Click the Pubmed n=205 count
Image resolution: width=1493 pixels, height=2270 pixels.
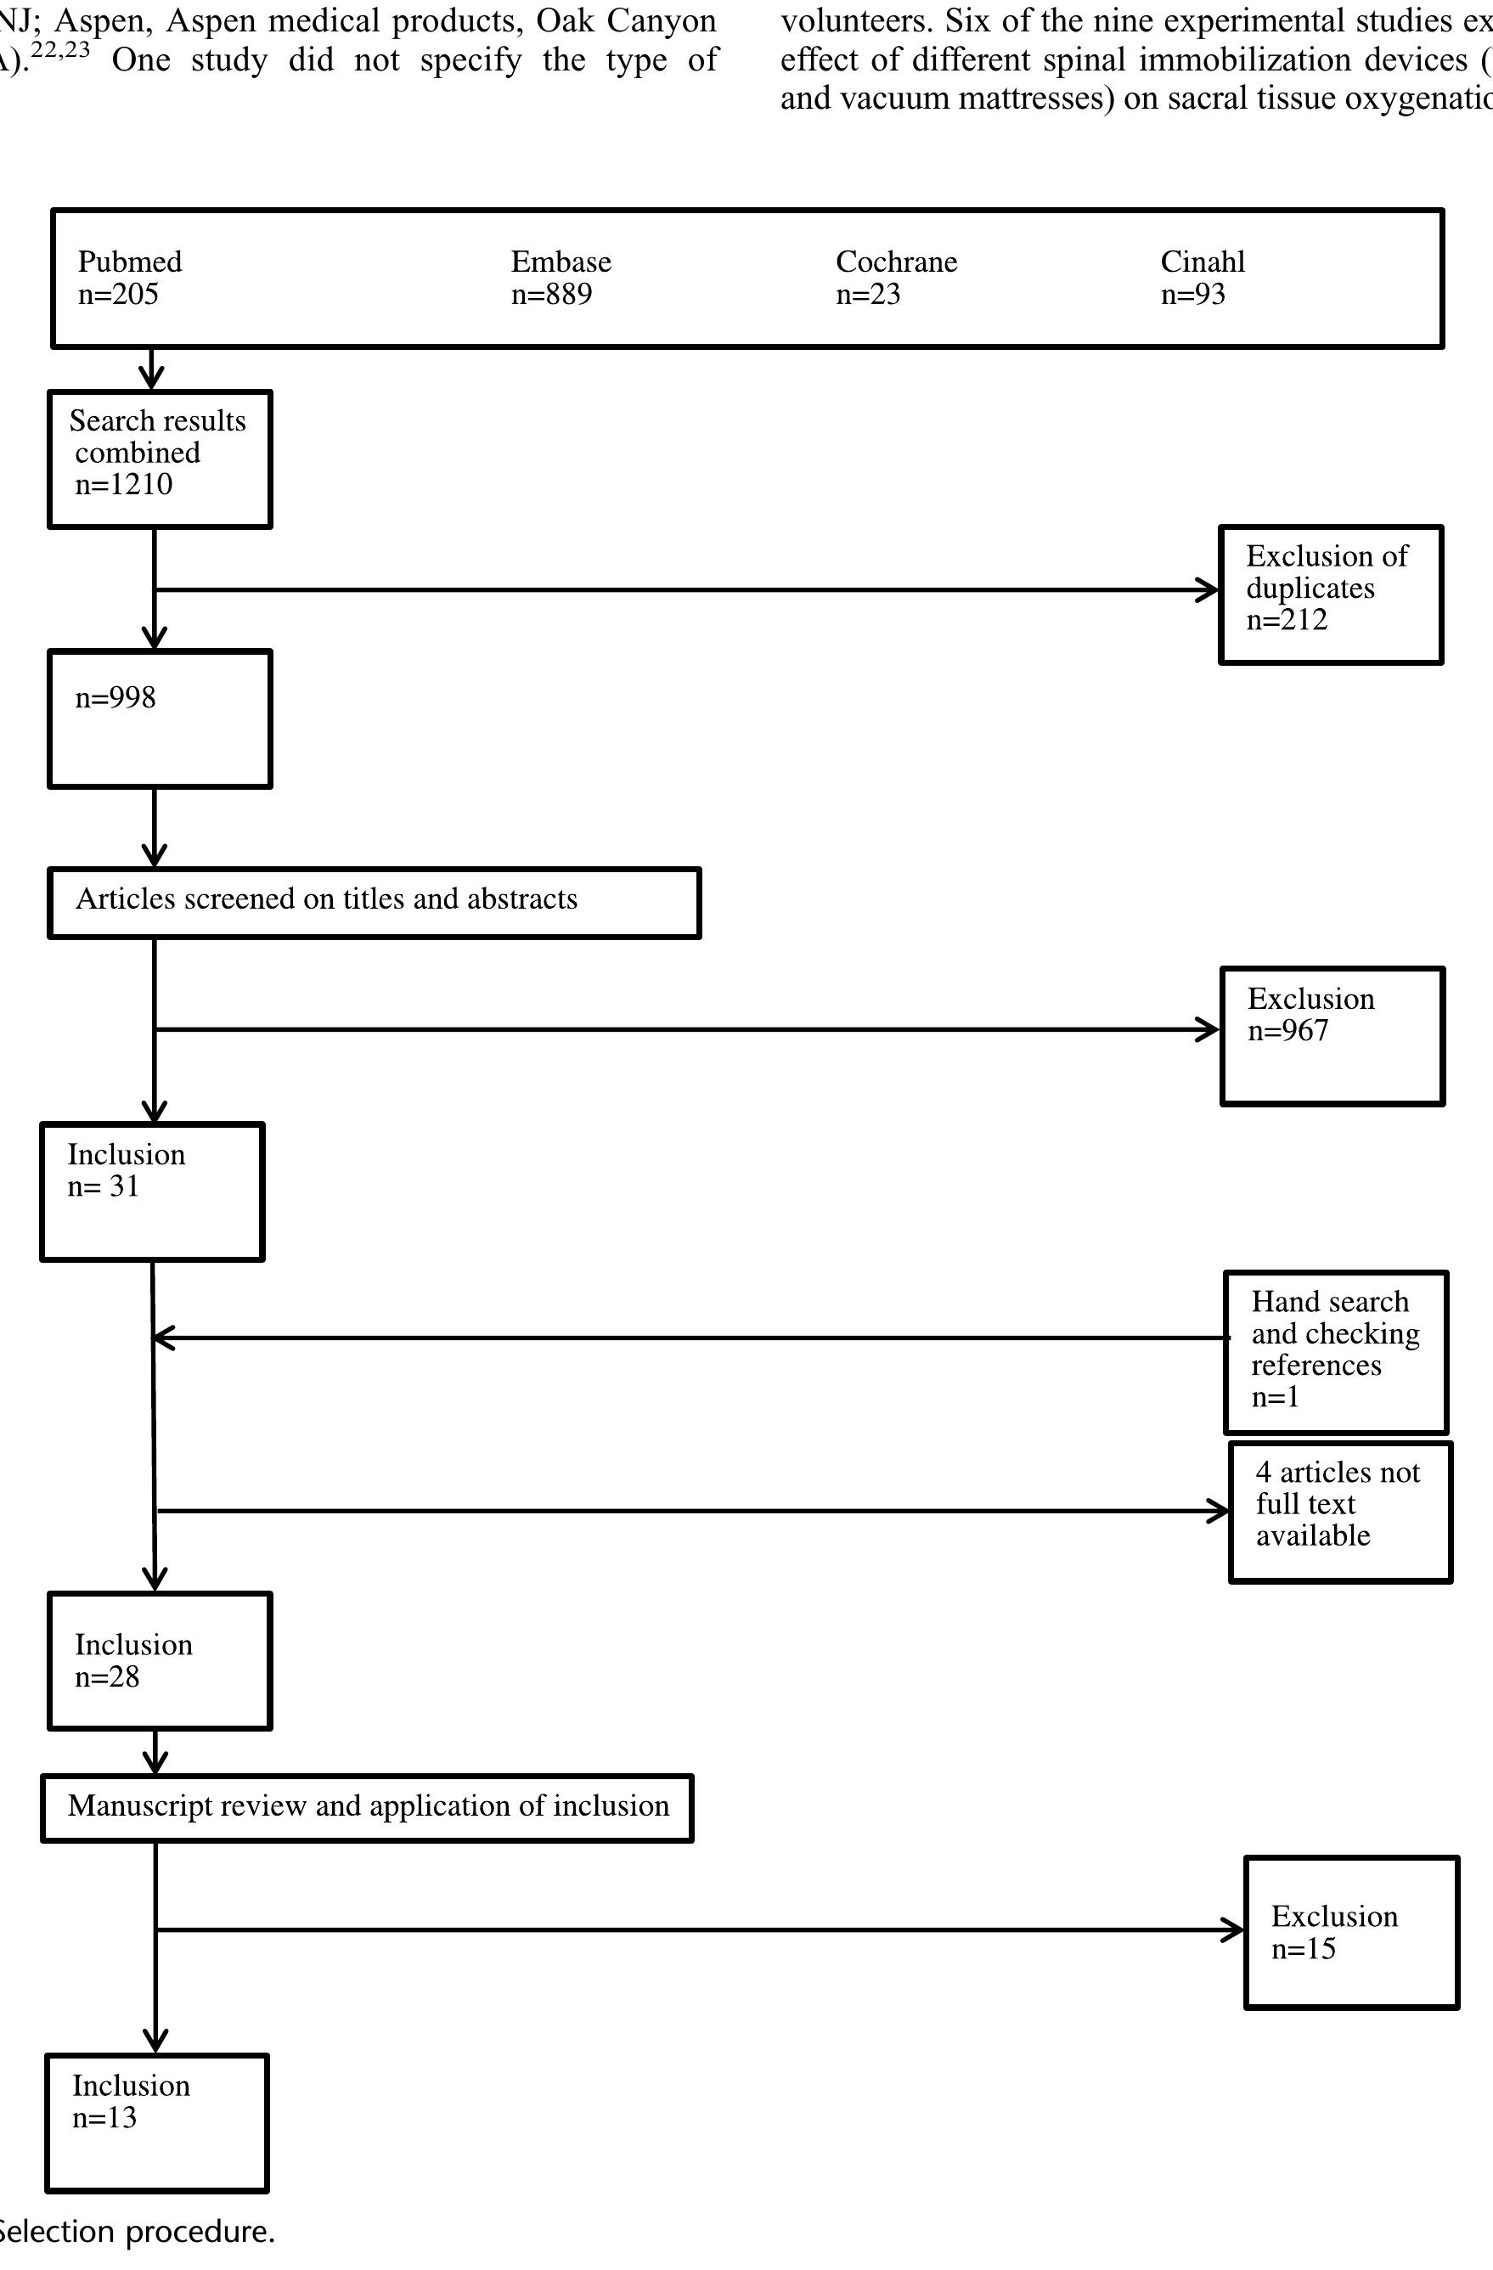click(x=118, y=295)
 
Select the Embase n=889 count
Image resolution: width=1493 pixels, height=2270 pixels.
click(x=551, y=295)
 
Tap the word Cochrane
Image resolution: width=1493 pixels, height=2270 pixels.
click(x=896, y=262)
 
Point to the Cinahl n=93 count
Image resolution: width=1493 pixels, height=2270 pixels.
click(x=1192, y=295)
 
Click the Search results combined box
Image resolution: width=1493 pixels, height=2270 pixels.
click(x=161, y=459)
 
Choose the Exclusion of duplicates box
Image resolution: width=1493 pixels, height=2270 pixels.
click(x=1331, y=594)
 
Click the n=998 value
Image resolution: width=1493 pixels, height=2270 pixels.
click(x=115, y=698)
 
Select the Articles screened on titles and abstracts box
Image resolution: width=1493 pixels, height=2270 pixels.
click(x=374, y=902)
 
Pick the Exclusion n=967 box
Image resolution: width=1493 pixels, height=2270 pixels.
click(x=1332, y=1036)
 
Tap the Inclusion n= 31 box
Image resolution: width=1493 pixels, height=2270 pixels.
click(x=153, y=1191)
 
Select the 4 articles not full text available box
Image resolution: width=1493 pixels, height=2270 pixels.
click(x=1340, y=1512)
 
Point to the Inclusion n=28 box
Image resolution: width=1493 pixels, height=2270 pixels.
click(x=161, y=1660)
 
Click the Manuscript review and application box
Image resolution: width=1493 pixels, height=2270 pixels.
click(x=367, y=1807)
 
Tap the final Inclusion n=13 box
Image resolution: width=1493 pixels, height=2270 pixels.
click(x=157, y=2122)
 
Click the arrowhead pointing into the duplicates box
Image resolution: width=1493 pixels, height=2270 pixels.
click(x=1208, y=590)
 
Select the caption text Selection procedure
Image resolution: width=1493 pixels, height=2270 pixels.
click(x=136, y=2232)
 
